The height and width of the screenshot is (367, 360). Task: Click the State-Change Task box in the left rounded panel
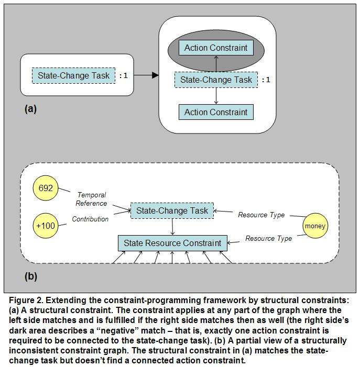pyautogui.click(x=73, y=75)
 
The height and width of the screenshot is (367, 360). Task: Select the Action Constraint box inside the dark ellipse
pyautogui.click(x=216, y=48)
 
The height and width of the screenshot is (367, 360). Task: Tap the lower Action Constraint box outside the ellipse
pyautogui.click(x=216, y=112)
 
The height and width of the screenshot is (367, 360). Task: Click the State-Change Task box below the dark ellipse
pyautogui.click(x=216, y=80)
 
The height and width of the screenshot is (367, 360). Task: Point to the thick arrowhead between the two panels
pyautogui.click(x=154, y=75)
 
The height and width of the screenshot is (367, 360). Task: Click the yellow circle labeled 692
pyautogui.click(x=46, y=188)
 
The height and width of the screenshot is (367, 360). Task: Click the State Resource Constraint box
pyautogui.click(x=172, y=243)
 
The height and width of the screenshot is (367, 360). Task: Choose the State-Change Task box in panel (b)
pyautogui.click(x=172, y=211)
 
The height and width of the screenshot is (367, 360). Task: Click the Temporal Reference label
pyautogui.click(x=92, y=199)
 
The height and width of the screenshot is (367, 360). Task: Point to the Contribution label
pyautogui.click(x=90, y=218)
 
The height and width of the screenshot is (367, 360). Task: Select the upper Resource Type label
pyautogui.click(x=261, y=215)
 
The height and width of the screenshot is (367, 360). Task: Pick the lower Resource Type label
pyautogui.click(x=268, y=238)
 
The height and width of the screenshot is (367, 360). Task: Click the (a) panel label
pyautogui.click(x=30, y=109)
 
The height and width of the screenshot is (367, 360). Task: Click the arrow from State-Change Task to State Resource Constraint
pyautogui.click(x=172, y=227)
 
